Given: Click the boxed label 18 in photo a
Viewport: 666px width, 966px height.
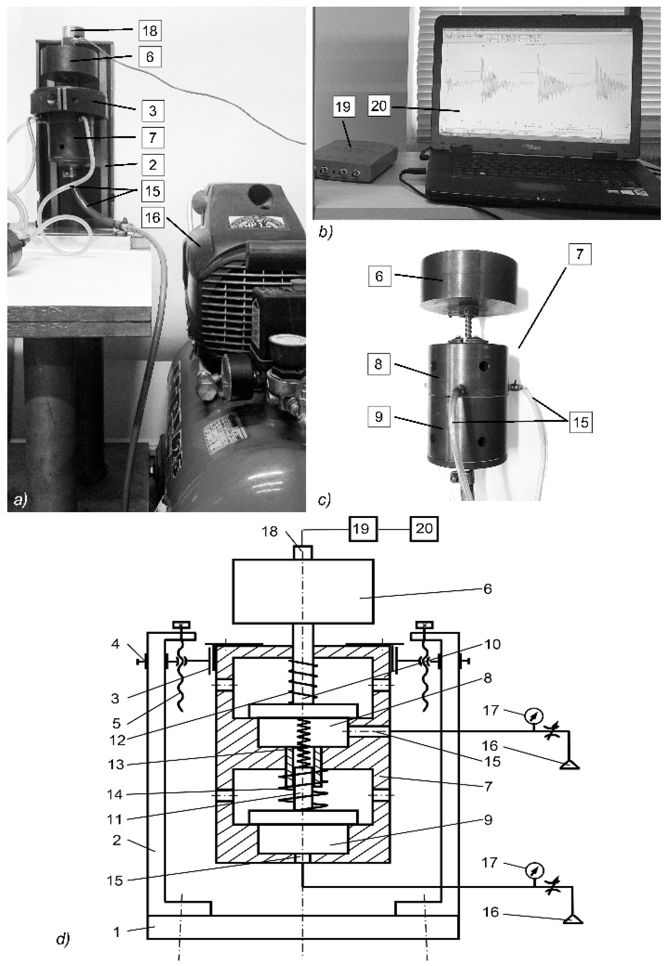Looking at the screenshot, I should point(150,31).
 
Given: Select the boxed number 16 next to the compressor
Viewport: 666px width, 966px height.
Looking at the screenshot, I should point(153,216).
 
